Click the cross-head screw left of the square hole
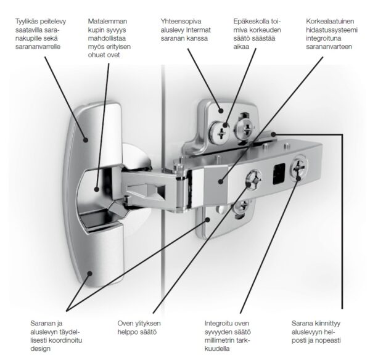click(253, 180)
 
